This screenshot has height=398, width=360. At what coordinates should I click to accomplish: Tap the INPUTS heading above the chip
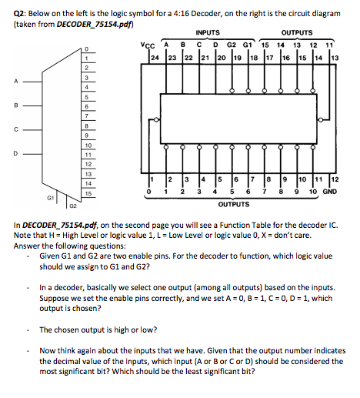pos(207,32)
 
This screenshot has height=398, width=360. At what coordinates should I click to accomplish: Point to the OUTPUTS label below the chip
pos(234,206)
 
